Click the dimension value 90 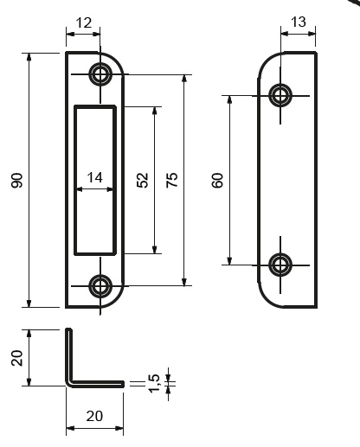click(17, 181)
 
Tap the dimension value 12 click(84, 22)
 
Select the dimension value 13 click(299, 22)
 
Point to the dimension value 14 click(94, 177)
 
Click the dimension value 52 click(143, 180)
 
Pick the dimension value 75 click(172, 180)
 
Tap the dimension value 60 click(217, 181)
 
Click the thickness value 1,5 click(154, 383)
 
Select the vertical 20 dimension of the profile click(17, 358)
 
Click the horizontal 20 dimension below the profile click(94, 416)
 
